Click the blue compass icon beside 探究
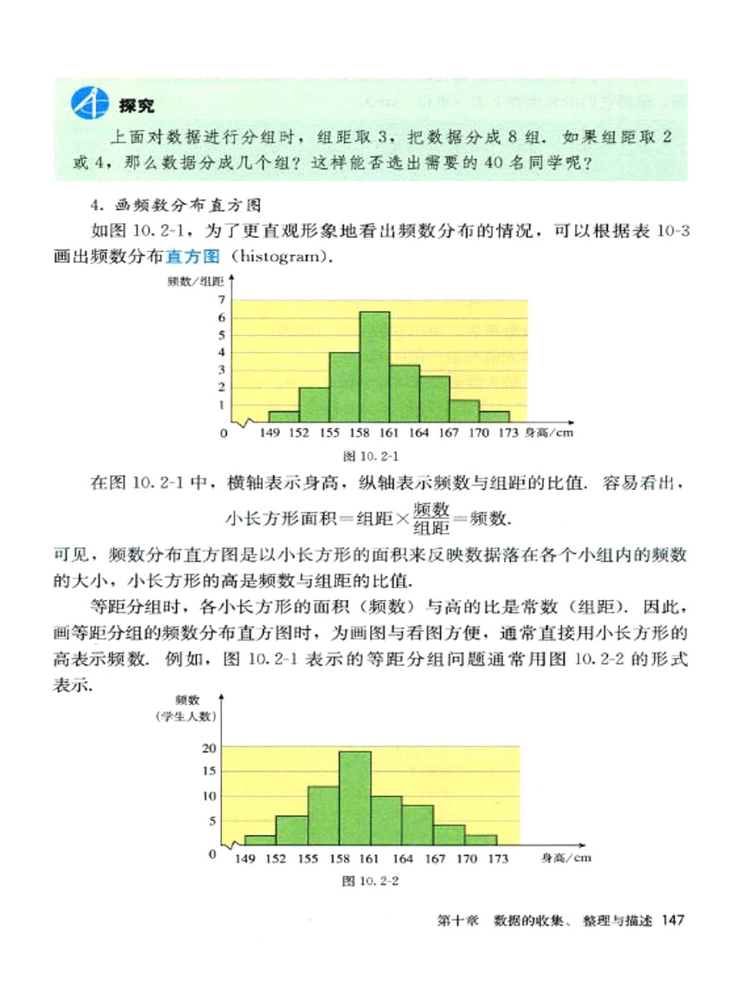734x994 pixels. click(x=90, y=103)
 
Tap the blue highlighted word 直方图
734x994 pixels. click(x=192, y=256)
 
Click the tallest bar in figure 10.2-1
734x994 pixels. click(x=374, y=366)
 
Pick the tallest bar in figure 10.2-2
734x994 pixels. click(x=355, y=798)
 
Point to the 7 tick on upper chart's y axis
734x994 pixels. click(x=222, y=300)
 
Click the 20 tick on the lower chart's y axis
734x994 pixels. click(x=209, y=747)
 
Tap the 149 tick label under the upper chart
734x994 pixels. click(x=270, y=432)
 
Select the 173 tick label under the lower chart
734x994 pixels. click(x=497, y=858)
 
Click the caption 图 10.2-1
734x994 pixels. click(x=371, y=456)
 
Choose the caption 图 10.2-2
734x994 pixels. click(x=370, y=880)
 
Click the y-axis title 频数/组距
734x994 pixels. click(x=195, y=281)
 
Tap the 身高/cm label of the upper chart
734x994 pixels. click(x=548, y=432)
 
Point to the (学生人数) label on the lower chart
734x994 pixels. click(x=186, y=715)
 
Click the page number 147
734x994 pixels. click(x=673, y=920)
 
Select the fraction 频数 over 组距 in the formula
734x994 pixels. click(x=431, y=518)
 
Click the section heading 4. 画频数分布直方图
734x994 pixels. click(x=176, y=206)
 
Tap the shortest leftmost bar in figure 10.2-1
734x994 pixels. click(x=284, y=416)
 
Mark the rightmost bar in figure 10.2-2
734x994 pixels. click(x=480, y=840)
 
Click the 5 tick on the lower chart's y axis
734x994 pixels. click(x=212, y=821)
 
